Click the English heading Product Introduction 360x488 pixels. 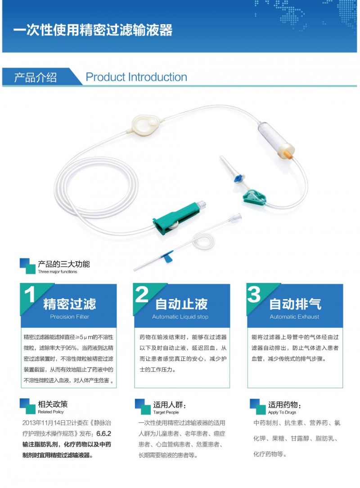pyautogui.click(x=136, y=77)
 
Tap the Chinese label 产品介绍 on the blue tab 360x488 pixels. pyautogui.click(x=36, y=77)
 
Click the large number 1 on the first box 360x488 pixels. pyautogui.click(x=30, y=295)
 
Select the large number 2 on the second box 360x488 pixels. pyautogui.click(x=142, y=295)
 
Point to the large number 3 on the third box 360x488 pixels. pyautogui.click(x=254, y=295)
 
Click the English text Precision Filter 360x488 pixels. pyautogui.click(x=69, y=317)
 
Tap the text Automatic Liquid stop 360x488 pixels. pyautogui.click(x=180, y=317)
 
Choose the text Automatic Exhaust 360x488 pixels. pyautogui.click(x=294, y=317)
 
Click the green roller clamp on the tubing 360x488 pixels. pyautogui.click(x=176, y=218)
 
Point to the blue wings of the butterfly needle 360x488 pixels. pyautogui.click(x=167, y=255)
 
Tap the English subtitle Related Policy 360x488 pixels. pyautogui.click(x=51, y=412)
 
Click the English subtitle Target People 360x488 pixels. pyautogui.click(x=166, y=412)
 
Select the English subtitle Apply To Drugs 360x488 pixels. pyautogui.click(x=282, y=412)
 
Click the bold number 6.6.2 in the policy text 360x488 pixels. pyautogui.click(x=103, y=434)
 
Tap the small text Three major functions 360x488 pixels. pyautogui.click(x=58, y=272)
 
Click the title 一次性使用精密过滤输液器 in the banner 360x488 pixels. pyautogui.click(x=93, y=30)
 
